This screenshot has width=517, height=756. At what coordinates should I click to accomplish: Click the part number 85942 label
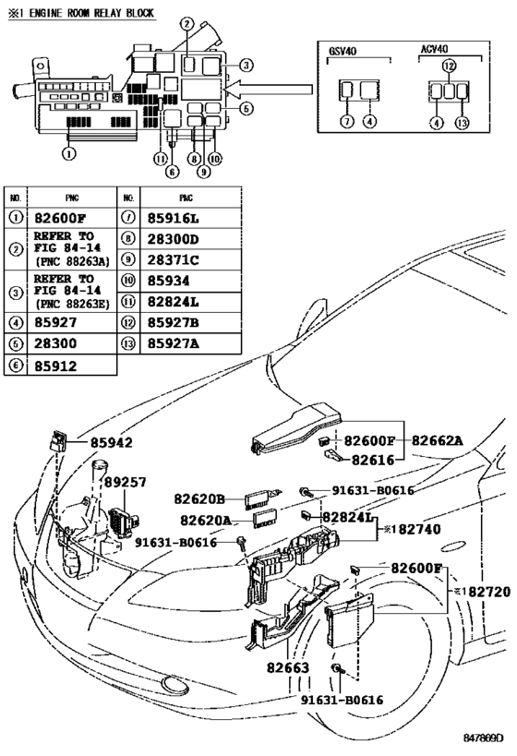111,442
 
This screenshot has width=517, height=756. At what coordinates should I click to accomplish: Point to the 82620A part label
205,521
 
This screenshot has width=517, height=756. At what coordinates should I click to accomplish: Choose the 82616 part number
375,458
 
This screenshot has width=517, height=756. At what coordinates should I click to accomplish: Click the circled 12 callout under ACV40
449,66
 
